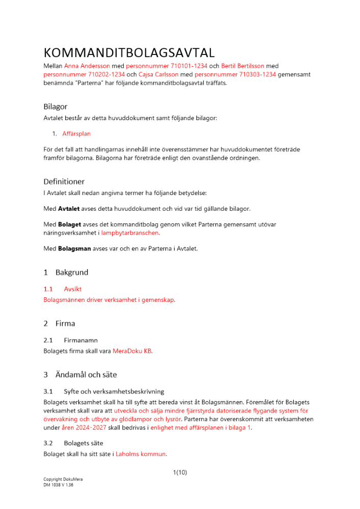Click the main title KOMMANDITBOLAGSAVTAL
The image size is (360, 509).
[x=129, y=53]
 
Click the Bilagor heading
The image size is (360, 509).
[x=55, y=106]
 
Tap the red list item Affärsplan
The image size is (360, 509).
[x=76, y=134]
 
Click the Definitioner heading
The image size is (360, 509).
[x=64, y=181]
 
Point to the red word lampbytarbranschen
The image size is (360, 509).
[x=130, y=233]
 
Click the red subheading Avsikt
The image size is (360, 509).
[x=73, y=289]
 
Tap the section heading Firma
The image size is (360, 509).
[x=65, y=323]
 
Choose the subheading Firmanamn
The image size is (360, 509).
[x=80, y=340]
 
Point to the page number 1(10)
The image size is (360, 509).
[x=180, y=472]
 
